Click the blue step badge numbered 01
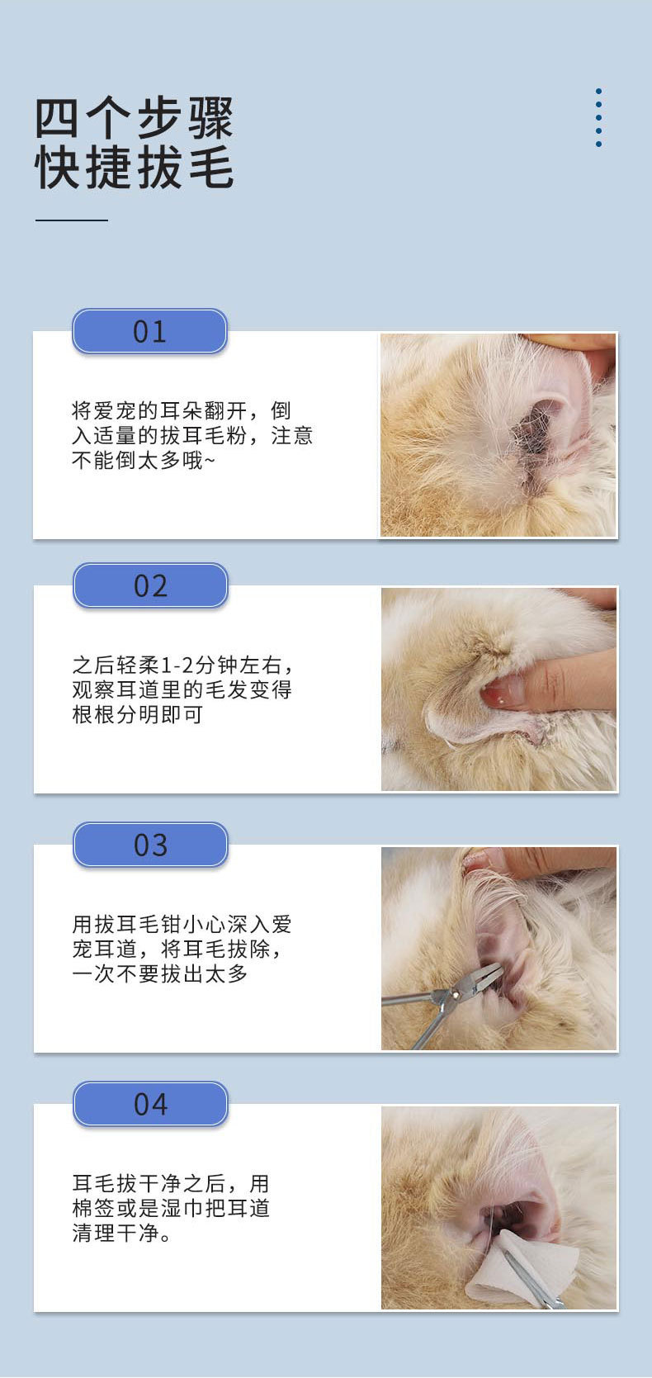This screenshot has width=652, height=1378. [x=150, y=331]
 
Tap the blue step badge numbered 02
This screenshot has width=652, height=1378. [x=151, y=585]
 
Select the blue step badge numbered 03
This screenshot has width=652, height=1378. [x=151, y=845]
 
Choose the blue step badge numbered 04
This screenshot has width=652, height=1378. [x=151, y=1104]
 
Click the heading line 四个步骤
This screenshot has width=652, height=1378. [x=134, y=118]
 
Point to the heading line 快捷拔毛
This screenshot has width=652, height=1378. [x=134, y=168]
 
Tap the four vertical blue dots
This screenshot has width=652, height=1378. [x=598, y=117]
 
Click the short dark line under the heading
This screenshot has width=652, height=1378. [x=71, y=220]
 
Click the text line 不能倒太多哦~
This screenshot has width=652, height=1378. [x=144, y=460]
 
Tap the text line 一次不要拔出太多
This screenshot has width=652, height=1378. [x=160, y=973]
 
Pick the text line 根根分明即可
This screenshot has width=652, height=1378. [x=138, y=714]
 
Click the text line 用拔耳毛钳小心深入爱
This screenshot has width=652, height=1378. [x=182, y=924]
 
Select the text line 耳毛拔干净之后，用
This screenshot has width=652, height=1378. [x=171, y=1184]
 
